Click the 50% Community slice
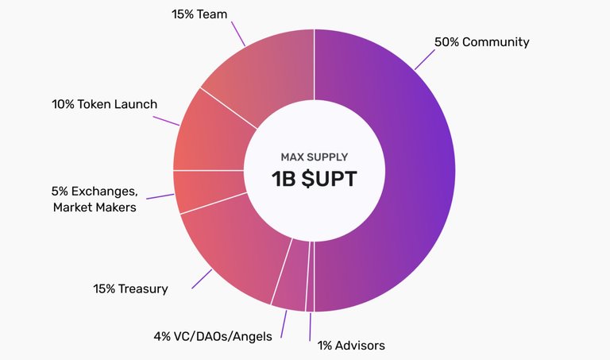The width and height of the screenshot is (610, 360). tap(420, 171)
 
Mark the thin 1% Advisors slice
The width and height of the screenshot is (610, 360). tap(311, 277)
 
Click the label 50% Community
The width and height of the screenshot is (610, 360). tap(481, 42)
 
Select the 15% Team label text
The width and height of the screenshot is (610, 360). tap(199, 14)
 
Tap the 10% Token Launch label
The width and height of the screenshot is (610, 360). tap(105, 104)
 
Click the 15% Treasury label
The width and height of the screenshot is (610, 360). tap(130, 288)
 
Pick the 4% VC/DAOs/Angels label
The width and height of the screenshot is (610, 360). tap(213, 336)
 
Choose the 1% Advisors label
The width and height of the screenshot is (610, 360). tap(351, 345)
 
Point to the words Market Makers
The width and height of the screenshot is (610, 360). tap(95, 207)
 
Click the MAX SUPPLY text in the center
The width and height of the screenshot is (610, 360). tap(315, 157)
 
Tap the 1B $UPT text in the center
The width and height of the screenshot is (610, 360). tap(314, 180)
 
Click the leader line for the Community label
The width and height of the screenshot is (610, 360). tap(425, 60)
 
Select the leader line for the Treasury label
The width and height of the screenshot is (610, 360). tap(202, 279)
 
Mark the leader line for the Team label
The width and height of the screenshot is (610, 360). tap(238, 34)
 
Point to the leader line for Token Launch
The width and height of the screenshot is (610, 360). tap(166, 121)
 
